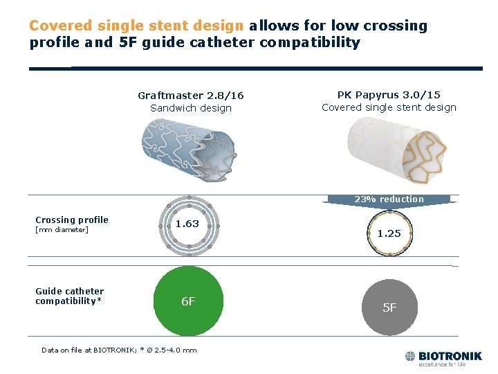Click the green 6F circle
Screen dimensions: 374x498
pos(188,302)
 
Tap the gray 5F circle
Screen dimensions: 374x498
pos(389,308)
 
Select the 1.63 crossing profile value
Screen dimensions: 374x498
pos(187,224)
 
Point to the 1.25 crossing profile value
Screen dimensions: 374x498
pos(389,233)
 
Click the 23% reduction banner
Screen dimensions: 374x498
pos(389,199)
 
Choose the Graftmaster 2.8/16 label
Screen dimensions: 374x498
pos(191,96)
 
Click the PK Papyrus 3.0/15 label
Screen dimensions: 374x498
pos(389,95)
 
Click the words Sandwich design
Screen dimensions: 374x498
pos(191,108)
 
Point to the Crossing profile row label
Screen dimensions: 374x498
pos(72,220)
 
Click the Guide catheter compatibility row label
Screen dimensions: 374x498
pos(70,296)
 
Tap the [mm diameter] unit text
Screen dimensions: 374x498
pos(62,230)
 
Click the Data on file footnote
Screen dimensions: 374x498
pos(119,350)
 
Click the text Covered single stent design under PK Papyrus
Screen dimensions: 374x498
pos(389,107)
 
